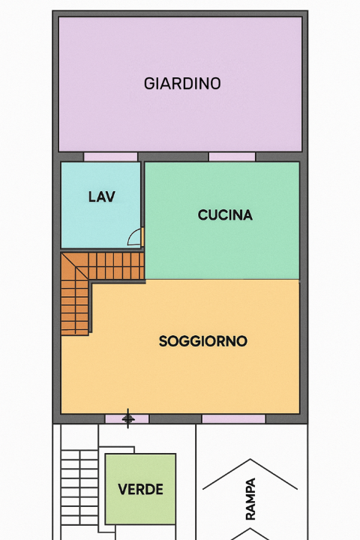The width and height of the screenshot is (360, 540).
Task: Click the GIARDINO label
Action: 182,83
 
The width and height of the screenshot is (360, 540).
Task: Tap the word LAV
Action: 101,197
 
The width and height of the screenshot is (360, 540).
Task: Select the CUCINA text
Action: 225,215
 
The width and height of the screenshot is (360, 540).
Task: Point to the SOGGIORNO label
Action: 202,341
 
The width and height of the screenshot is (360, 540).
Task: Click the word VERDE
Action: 140,490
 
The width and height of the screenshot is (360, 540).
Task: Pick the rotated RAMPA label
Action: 250,499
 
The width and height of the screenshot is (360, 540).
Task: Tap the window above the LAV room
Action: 110,157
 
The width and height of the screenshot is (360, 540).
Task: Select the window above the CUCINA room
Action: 232,157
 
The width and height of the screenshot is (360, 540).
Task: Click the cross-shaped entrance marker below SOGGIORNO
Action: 128,418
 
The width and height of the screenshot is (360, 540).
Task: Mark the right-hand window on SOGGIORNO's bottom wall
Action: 233,418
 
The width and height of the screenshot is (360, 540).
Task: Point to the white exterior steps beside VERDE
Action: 77,480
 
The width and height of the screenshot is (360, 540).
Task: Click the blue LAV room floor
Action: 90,221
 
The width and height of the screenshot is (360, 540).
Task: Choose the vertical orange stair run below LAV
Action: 74,307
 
